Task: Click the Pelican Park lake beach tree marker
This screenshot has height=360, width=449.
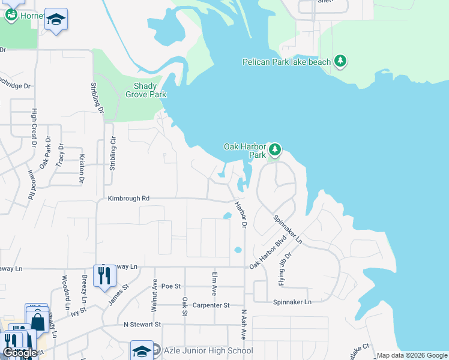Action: pos(340,61)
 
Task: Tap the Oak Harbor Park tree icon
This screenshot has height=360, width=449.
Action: pos(274,149)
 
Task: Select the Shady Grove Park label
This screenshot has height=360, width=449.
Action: pos(145,90)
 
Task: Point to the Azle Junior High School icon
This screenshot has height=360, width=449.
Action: pos(142,350)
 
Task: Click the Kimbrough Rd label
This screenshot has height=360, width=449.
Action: pos(128,198)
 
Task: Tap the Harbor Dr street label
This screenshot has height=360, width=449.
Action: pos(241,215)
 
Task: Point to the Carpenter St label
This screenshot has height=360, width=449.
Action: pos(211,305)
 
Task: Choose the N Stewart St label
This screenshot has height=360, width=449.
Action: pos(143,324)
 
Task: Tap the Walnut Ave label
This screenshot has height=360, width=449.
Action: pos(155,296)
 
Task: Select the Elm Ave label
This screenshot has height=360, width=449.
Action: pos(214,284)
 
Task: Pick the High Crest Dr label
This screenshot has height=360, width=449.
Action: pos(34,127)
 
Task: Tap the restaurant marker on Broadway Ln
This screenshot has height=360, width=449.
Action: pos(104,276)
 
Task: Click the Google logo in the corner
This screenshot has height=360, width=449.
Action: pos(20,353)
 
